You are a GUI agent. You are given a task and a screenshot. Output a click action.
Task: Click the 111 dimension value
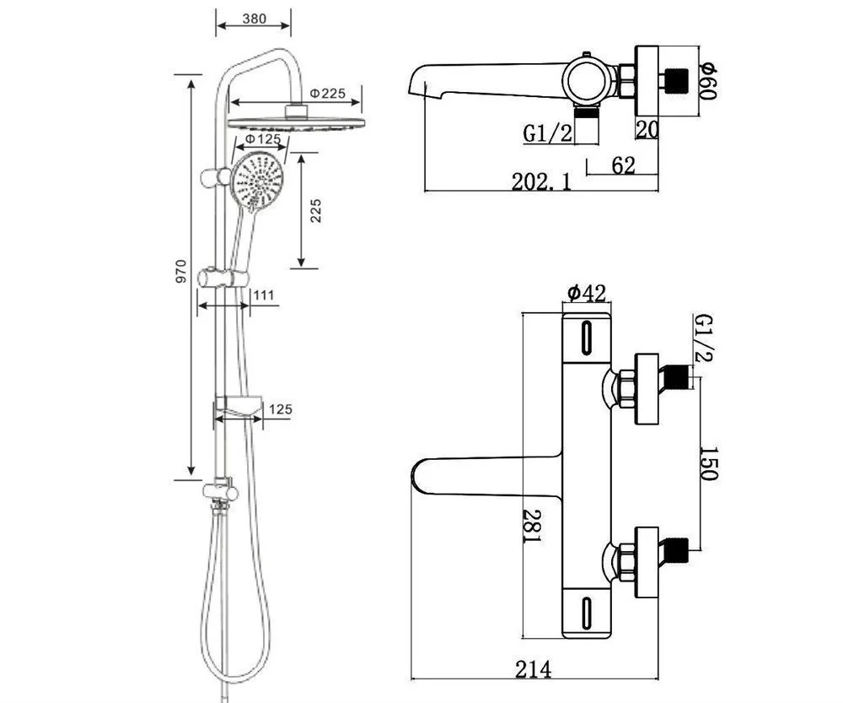[264, 295]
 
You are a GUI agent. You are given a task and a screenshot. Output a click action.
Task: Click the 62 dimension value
[623, 165]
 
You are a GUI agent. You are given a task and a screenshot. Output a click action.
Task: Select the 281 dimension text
[529, 526]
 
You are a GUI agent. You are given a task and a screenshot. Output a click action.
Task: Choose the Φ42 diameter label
[586, 294]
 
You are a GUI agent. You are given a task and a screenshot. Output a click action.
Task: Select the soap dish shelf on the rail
[239, 408]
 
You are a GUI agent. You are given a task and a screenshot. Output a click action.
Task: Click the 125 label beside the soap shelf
[280, 410]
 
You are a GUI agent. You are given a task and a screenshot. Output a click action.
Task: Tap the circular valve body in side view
[588, 79]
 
